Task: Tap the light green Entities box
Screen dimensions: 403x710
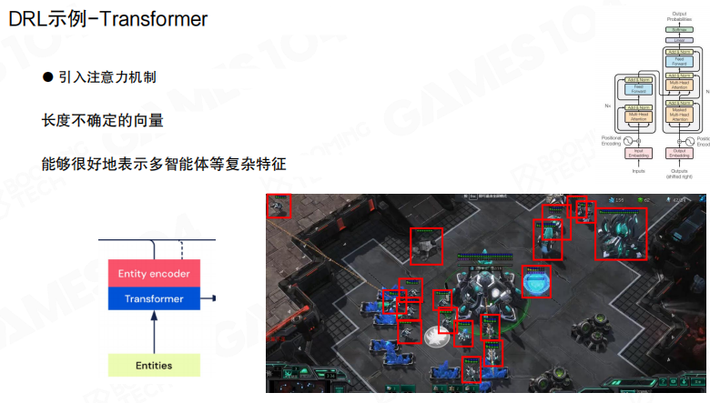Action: click(153, 366)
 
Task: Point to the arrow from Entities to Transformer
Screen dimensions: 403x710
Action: click(154, 331)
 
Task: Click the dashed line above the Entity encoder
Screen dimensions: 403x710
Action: click(182, 249)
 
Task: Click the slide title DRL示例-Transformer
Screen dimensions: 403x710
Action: click(108, 18)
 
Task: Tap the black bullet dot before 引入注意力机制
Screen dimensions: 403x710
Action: click(48, 78)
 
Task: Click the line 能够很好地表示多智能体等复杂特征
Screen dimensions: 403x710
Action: click(164, 165)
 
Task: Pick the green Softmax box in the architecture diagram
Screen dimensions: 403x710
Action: click(678, 30)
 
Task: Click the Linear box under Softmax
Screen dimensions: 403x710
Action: click(678, 41)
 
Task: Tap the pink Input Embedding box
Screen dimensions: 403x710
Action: click(639, 153)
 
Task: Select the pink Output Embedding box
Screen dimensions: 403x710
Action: click(679, 153)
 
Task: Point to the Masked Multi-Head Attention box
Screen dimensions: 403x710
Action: click(679, 115)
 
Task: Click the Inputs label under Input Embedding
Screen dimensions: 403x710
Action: click(639, 170)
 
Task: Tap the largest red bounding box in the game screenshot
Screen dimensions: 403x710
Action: click(622, 234)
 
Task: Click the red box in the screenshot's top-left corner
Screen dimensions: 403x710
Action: click(278, 206)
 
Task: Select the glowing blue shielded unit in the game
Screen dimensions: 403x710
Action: click(536, 281)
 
